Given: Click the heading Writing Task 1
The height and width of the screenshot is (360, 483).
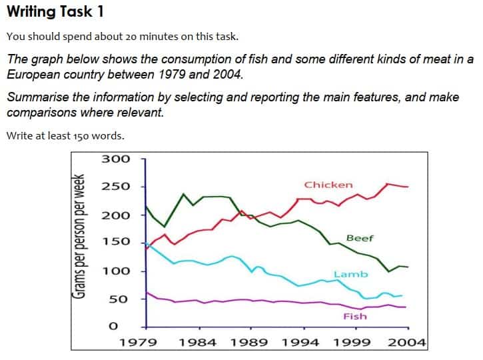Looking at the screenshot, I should pos(55,13).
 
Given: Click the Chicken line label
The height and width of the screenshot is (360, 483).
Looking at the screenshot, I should pos(328,185).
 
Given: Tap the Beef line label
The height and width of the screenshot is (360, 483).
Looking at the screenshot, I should pos(360,238).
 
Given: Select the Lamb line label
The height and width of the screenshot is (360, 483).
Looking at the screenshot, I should pos(350,274).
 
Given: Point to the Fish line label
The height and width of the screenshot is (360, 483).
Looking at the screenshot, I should pos(354,316).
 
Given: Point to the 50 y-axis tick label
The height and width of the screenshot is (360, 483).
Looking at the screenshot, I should pos(118,299).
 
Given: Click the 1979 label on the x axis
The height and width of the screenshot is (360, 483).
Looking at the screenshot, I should pos(139,343).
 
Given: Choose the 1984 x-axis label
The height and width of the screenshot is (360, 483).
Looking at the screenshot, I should pos(197,343).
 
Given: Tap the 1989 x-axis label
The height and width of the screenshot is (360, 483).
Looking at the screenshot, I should pos(250,343).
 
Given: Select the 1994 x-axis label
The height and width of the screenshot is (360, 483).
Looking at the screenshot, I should pos(301,343).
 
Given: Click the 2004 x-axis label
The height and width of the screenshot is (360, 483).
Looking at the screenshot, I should pos(406,343).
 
